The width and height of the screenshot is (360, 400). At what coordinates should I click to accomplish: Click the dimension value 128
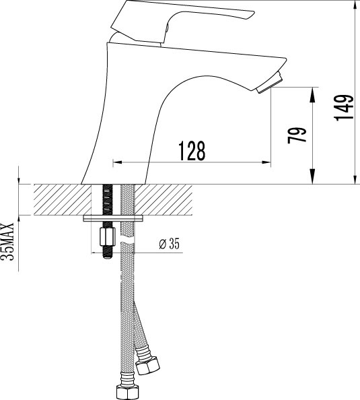191,151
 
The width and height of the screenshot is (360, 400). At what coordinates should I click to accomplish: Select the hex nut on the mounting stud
106,238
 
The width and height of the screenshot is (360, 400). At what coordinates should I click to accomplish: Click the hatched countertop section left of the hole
57,200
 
